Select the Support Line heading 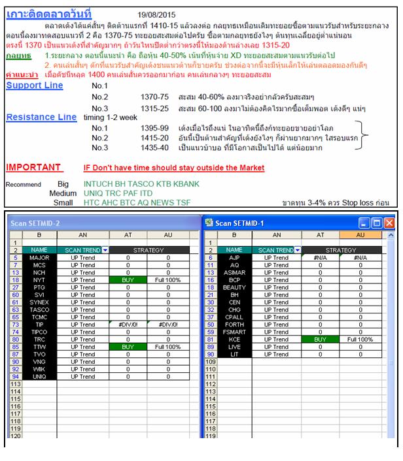(35, 86)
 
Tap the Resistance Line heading (41, 117)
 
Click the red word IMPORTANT (34, 168)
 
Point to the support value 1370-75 (154, 97)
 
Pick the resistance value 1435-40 (154, 149)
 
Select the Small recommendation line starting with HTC (137, 202)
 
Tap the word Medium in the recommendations (63, 194)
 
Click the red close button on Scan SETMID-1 (389, 223)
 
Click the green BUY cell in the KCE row (321, 340)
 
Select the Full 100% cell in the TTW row (167, 347)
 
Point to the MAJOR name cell (40, 257)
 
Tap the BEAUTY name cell (234, 287)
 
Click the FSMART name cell (234, 332)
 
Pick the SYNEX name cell (40, 302)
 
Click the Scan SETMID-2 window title (36, 223)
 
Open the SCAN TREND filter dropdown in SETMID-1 (298, 249)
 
